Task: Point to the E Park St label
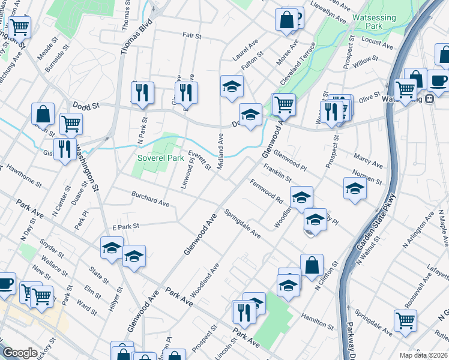click(x=125, y=227)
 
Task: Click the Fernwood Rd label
click(x=267, y=190)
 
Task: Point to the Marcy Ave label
click(x=369, y=161)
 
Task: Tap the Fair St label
click(x=192, y=36)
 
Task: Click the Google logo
click(x=20, y=353)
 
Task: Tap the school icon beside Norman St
click(x=355, y=188)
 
